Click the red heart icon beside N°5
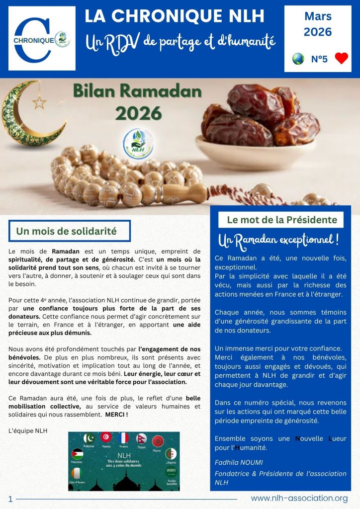click(341, 59)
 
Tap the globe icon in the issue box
click(298, 59)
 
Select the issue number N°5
click(319, 59)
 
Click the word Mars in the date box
click(318, 16)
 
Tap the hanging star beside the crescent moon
click(39, 102)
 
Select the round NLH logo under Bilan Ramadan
click(139, 143)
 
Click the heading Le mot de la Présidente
click(281, 220)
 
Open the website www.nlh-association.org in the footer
click(299, 498)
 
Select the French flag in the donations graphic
click(122, 438)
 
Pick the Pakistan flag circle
click(90, 438)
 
